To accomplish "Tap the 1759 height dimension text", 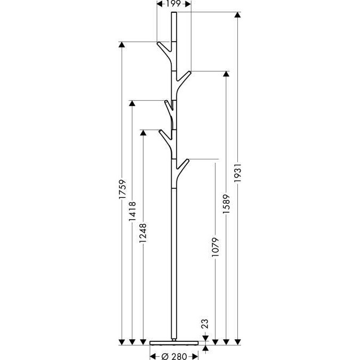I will [x=123, y=190].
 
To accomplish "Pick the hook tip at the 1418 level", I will [x=166, y=101].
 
